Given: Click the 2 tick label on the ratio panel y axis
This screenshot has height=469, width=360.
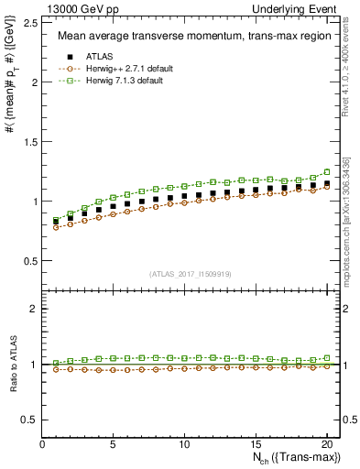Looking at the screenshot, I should pos(35,309).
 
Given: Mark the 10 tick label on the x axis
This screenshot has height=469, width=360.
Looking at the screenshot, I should pos(184,445).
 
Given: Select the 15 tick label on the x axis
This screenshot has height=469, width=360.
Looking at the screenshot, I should pos(255,445).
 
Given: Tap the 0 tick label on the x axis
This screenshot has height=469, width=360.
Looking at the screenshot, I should pos(43,445).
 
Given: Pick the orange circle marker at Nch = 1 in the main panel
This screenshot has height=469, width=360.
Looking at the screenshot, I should pos(57,226).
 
